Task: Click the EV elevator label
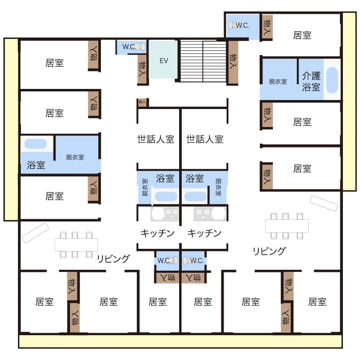click(x=164, y=61)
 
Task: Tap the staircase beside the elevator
click(x=203, y=62)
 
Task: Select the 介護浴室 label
click(x=311, y=81)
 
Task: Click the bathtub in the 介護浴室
click(x=332, y=80)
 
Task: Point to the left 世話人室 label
click(x=156, y=139)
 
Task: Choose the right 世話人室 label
click(x=205, y=139)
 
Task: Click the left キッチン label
click(x=157, y=233)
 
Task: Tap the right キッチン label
click(x=204, y=233)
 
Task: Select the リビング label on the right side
click(x=269, y=251)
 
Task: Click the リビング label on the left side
click(x=113, y=259)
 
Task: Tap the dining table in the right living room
click(x=287, y=226)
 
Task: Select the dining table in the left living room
click(x=76, y=245)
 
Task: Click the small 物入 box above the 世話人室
click(x=142, y=102)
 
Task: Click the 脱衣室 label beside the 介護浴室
click(x=278, y=82)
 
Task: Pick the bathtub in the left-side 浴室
click(x=35, y=144)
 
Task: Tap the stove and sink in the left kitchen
click(x=165, y=214)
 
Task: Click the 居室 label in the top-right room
click(x=302, y=35)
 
